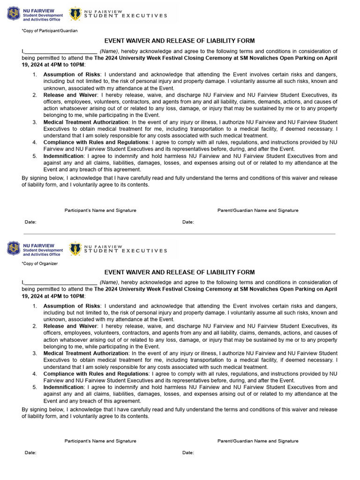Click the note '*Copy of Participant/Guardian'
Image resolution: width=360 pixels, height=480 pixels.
pyautogui.click(x=49, y=30)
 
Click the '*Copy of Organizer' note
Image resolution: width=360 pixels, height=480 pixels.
pyautogui.click(x=39, y=263)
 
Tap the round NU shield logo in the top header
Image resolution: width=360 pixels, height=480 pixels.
pyautogui.click(x=14, y=14)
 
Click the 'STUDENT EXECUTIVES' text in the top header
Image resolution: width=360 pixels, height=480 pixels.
pyautogui.click(x=125, y=15)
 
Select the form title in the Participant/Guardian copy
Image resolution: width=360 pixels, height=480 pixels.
pyautogui.click(x=180, y=41)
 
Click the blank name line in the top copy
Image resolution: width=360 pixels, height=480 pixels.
pyautogui.click(x=60, y=52)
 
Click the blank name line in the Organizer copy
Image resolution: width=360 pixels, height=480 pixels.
pyautogui.click(x=60, y=283)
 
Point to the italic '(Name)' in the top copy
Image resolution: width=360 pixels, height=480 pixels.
pyautogui.click(x=109, y=51)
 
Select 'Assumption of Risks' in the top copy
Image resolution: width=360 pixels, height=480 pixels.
pyautogui.click(x=72, y=75)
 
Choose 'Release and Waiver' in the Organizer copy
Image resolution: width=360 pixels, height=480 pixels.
pyautogui.click(x=70, y=326)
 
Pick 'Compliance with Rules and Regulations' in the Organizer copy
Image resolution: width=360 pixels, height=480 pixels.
pyautogui.click(x=96, y=374)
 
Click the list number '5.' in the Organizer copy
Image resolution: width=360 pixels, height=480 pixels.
pyautogui.click(x=35, y=387)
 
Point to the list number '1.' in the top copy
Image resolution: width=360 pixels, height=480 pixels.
pyautogui.click(x=35, y=75)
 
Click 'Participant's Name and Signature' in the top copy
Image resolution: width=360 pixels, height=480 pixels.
pyautogui.click(x=100, y=210)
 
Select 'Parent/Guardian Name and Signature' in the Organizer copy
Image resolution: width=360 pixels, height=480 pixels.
pyautogui.click(x=258, y=441)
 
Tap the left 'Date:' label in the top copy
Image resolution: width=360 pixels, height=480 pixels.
pyautogui.click(x=30, y=222)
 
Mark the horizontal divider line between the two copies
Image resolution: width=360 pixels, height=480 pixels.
pyautogui.click(x=180, y=233)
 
